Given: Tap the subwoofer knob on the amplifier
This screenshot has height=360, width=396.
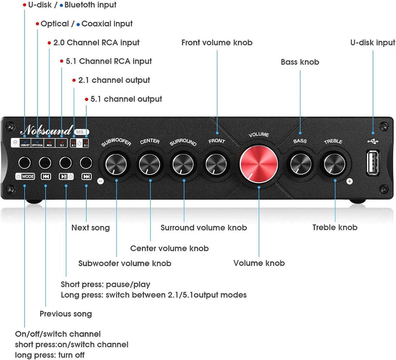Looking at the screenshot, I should (x=117, y=163).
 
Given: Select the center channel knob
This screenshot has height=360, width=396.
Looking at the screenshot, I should (x=150, y=163).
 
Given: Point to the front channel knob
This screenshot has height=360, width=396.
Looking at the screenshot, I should (x=216, y=163).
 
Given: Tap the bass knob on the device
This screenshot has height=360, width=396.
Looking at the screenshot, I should (x=300, y=163).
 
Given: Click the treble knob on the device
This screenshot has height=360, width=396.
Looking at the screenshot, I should (x=333, y=163).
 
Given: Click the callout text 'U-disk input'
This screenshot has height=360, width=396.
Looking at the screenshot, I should (x=372, y=43).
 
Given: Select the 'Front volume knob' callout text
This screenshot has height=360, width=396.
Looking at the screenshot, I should (x=216, y=43).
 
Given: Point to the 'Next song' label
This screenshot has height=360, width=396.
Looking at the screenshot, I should (x=90, y=228).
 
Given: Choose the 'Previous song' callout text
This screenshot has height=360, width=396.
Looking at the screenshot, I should (x=65, y=314).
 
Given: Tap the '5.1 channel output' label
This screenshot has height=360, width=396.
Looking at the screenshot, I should (x=126, y=99).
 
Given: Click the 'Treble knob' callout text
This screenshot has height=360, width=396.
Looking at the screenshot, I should (x=334, y=228).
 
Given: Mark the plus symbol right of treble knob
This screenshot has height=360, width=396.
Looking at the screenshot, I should (x=349, y=181).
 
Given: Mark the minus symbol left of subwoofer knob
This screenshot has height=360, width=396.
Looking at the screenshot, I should (x=100, y=181).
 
